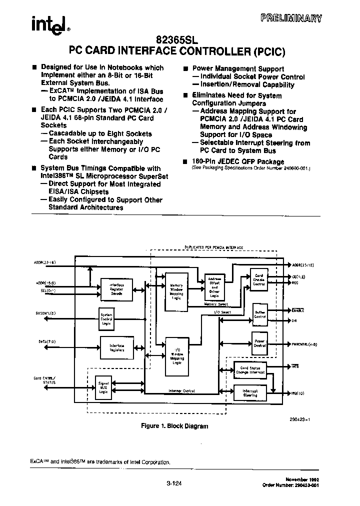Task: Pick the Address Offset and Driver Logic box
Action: click(214, 287)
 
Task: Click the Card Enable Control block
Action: click(258, 279)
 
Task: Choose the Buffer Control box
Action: click(259, 313)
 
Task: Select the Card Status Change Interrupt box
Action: click(250, 370)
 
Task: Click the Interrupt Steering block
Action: click(250, 393)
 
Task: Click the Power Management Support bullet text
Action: click(238, 69)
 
